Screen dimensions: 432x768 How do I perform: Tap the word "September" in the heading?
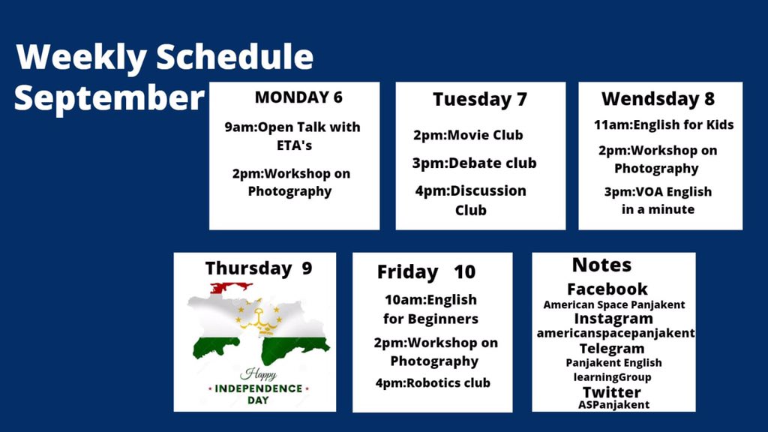109,98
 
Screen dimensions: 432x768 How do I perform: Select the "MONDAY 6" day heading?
298,97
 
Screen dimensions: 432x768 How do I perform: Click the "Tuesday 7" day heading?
480,100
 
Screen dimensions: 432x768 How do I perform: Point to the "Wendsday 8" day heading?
658,99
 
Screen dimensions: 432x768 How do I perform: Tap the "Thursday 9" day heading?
258,268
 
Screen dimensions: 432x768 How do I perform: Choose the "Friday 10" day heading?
426,271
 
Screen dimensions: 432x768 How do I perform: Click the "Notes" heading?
601,265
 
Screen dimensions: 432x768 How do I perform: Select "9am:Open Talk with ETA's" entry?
292,136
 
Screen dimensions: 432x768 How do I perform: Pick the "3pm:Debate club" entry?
474,163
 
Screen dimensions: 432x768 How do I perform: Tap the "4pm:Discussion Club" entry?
471,200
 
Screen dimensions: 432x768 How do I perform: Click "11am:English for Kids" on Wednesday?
664,125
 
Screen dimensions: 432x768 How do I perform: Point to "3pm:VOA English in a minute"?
658,200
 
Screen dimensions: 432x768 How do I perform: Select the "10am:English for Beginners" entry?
430,309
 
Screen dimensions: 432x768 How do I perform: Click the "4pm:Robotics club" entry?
433,383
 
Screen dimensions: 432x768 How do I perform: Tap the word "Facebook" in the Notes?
607,289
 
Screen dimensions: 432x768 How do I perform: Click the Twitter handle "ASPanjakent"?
613,405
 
